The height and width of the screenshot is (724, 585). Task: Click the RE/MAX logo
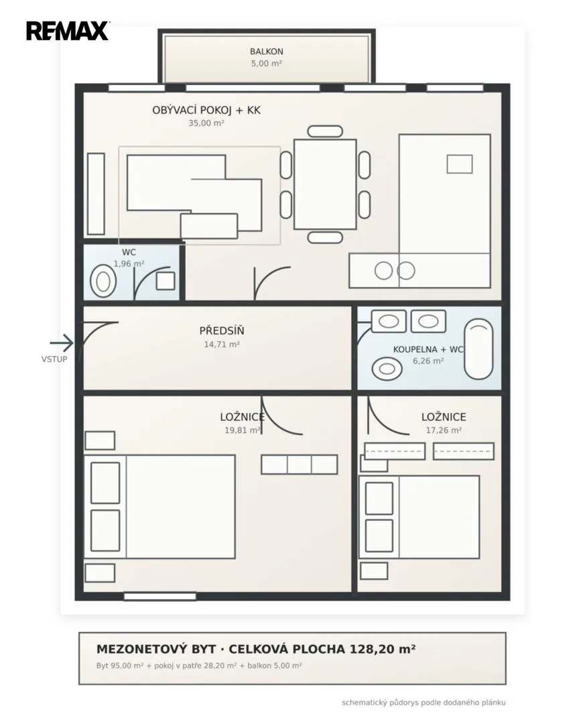coord(68,31)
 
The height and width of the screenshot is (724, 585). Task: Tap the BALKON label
coord(267,52)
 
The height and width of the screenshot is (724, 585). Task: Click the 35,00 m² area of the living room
coord(206,123)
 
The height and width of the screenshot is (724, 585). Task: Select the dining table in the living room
coord(325,184)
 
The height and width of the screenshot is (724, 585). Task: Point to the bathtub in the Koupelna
coord(478,349)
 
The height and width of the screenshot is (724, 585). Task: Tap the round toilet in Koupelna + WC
coord(387,369)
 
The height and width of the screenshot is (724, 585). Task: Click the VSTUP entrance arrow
coord(62,343)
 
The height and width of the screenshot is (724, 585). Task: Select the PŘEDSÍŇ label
coord(222,330)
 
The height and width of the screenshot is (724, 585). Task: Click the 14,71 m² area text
coord(222,345)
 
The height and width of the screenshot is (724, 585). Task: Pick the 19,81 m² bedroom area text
coord(243,430)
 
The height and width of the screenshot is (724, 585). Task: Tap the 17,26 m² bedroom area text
coord(444,430)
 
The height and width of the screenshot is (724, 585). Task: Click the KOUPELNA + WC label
coord(428,349)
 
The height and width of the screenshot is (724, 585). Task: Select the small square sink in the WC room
coord(166,281)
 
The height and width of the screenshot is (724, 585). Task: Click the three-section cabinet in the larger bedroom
coord(299,465)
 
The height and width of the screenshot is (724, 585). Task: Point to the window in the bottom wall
coord(159,596)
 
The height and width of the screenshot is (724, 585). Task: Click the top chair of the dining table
coord(325,131)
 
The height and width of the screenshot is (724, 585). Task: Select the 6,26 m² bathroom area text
coord(428,361)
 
